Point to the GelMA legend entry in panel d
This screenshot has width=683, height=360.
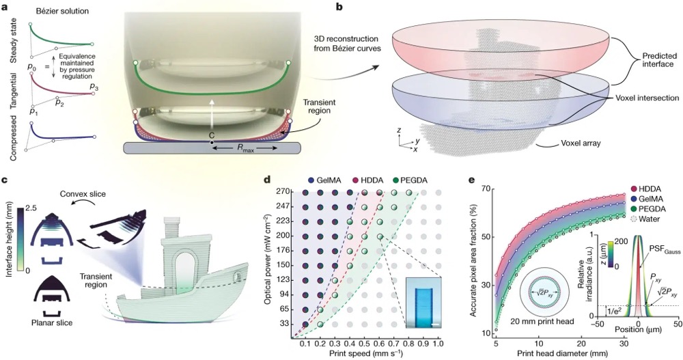click(329, 179)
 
